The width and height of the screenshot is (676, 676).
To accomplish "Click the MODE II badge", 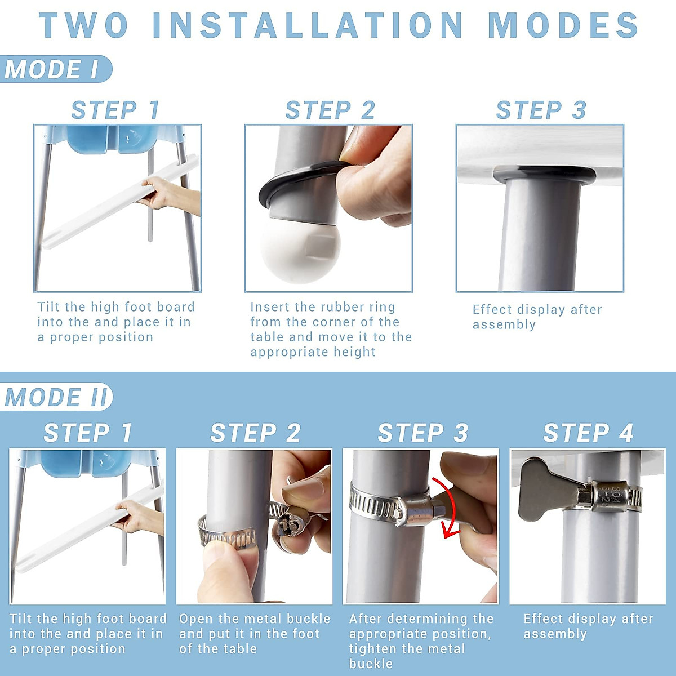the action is (x=56, y=397).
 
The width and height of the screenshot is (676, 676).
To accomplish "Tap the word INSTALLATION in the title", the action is (x=308, y=25).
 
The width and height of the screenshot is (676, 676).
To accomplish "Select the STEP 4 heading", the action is (x=588, y=433).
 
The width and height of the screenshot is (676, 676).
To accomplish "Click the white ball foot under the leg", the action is (x=301, y=251).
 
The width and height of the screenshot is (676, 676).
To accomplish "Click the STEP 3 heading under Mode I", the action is (x=541, y=110).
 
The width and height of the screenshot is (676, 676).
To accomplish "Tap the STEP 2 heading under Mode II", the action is (x=255, y=433).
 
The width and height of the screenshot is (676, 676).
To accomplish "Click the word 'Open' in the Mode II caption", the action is (x=195, y=619).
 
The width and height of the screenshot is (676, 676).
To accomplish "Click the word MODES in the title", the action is (x=563, y=25).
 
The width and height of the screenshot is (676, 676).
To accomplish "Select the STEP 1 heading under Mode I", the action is (x=115, y=110).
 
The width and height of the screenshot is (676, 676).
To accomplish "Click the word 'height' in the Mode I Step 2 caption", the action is (x=354, y=352).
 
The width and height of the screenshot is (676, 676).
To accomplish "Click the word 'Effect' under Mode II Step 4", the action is (x=542, y=619).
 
